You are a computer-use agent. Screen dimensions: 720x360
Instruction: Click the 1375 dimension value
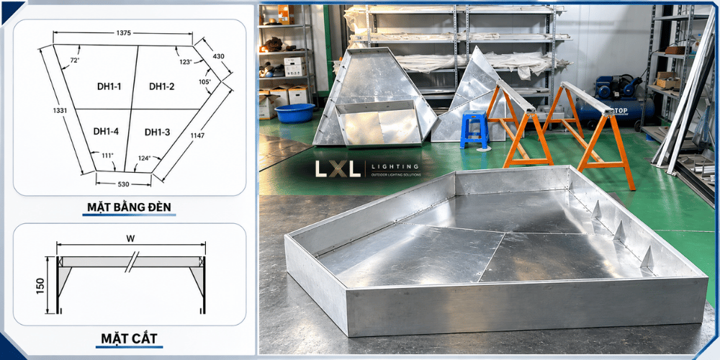coord(124,32)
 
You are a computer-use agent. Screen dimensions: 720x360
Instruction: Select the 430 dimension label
coord(219,56)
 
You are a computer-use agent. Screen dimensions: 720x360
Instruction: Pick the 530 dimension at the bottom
coord(124,184)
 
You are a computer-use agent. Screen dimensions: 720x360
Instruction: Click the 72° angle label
coord(75,60)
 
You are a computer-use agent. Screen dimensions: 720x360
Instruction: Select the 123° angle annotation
coord(186,62)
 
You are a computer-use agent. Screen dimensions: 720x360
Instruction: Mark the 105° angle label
coord(204,82)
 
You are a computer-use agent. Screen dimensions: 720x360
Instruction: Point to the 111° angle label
coord(107,156)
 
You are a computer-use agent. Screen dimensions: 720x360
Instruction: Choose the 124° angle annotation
coord(145,158)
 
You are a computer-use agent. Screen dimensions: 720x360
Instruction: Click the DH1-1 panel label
coord(109,86)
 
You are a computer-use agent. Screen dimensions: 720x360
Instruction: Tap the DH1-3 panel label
coord(158,132)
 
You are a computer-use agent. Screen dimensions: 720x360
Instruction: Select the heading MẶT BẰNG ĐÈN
coord(129,207)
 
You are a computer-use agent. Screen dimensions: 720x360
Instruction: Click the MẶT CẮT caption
coord(129,339)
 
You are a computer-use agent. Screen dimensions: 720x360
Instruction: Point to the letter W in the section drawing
coord(132,239)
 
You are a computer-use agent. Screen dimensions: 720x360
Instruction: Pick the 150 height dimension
coord(41,287)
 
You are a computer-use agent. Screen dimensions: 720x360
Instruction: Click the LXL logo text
coord(338,169)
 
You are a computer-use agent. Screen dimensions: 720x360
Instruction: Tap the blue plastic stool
coord(474,130)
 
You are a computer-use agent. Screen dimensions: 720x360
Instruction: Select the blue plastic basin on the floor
coord(294,113)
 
